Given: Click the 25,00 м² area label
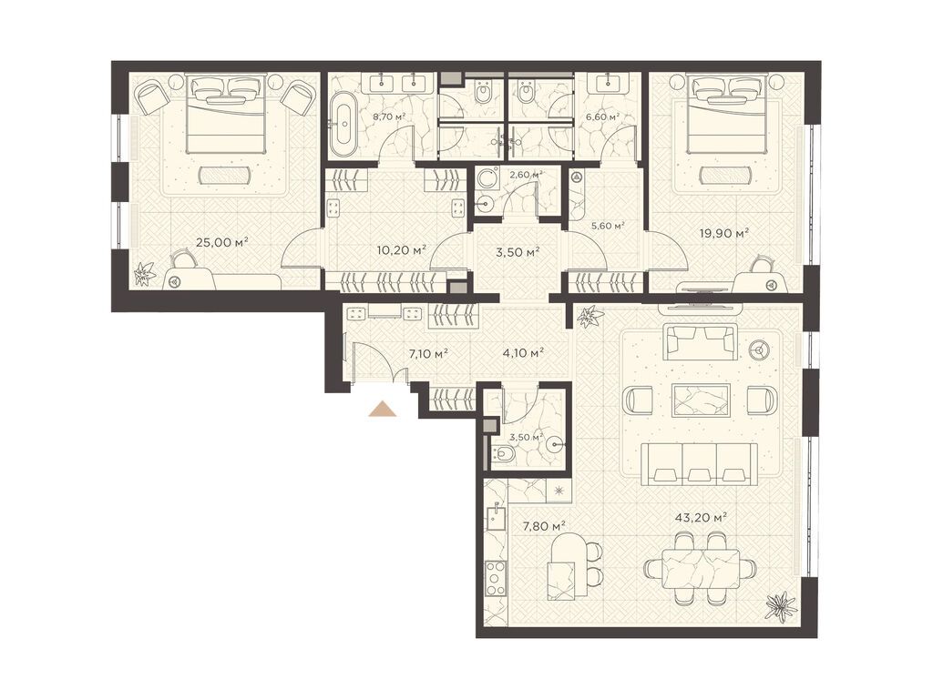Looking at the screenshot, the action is [x=221, y=242].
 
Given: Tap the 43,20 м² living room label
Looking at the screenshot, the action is [x=702, y=518].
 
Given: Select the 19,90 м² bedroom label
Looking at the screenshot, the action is [x=723, y=234].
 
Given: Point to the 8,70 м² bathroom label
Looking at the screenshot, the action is [x=388, y=116].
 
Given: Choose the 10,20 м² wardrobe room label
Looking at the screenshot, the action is [x=402, y=250].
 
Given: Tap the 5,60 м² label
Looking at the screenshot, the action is [x=608, y=226].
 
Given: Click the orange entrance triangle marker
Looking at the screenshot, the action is [x=383, y=410].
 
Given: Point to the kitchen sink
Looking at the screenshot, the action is [x=495, y=518].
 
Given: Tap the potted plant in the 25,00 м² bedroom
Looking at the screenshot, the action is [x=144, y=275].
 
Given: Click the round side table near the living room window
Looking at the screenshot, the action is [x=759, y=350].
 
